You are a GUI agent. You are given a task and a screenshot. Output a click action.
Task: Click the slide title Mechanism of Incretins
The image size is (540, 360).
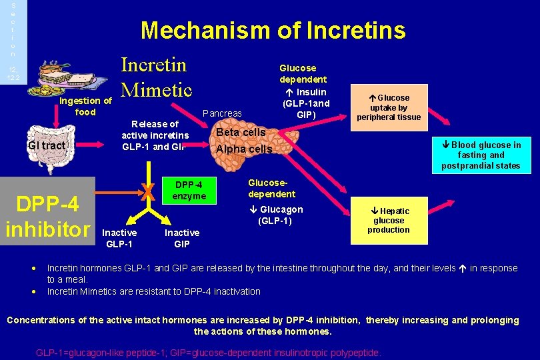coord(273,30)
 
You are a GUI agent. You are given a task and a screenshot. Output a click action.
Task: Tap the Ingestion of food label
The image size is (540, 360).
coord(85,107)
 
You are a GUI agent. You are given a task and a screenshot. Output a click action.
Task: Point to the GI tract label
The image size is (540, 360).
coord(47,145)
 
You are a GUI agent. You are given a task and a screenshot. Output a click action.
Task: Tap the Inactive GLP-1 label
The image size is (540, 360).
coord(120,238)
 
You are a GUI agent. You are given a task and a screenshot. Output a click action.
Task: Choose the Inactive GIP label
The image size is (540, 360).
coord(182,238)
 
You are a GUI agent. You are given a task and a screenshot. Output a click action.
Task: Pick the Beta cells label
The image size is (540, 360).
coord(241,132)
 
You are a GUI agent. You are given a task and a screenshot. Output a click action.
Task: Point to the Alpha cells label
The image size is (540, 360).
coord(244,149)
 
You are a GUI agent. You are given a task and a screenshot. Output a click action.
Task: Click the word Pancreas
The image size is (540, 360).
coord(222,113)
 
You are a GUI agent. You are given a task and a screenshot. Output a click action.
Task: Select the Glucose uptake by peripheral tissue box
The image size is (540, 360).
coord(389,107)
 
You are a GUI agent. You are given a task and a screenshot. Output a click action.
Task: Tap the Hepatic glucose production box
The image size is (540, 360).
coord(389,221)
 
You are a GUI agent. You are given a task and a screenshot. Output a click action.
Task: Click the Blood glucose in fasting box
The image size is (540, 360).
coord(481,155)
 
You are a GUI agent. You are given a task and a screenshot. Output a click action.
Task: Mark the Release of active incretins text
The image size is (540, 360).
coord(155,135)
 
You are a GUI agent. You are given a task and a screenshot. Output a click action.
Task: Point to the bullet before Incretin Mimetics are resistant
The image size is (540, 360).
coord(33,291)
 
